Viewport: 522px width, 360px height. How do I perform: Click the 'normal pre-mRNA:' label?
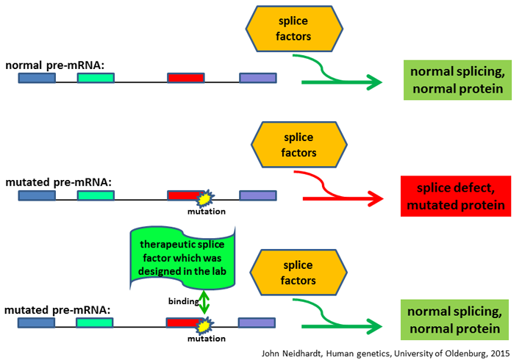(55, 65)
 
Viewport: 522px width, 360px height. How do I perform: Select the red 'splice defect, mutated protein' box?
(456, 196)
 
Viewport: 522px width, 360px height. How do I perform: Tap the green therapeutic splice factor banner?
(182, 258)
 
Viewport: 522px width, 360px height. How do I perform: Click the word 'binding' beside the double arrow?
(183, 301)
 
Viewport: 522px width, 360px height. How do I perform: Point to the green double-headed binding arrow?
(204, 302)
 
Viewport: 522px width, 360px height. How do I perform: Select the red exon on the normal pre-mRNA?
(186, 78)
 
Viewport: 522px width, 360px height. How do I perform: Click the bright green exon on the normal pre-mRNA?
(96, 78)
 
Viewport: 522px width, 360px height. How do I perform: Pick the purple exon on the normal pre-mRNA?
(258, 78)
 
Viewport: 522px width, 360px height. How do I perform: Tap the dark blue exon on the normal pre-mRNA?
(37, 78)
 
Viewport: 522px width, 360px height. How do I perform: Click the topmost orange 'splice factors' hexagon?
(294, 29)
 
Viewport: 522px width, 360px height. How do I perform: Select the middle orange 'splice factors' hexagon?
(299, 145)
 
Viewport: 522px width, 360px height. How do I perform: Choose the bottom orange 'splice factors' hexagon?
(298, 273)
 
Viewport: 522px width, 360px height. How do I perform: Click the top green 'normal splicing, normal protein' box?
(457, 80)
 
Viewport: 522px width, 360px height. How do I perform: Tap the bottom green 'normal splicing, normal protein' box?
(455, 320)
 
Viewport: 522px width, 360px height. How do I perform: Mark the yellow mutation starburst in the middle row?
(205, 198)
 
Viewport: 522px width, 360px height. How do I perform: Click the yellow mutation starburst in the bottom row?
(205, 325)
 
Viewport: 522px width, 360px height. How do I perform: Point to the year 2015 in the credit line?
(500, 353)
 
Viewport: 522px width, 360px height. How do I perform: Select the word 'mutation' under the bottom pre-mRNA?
(207, 339)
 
